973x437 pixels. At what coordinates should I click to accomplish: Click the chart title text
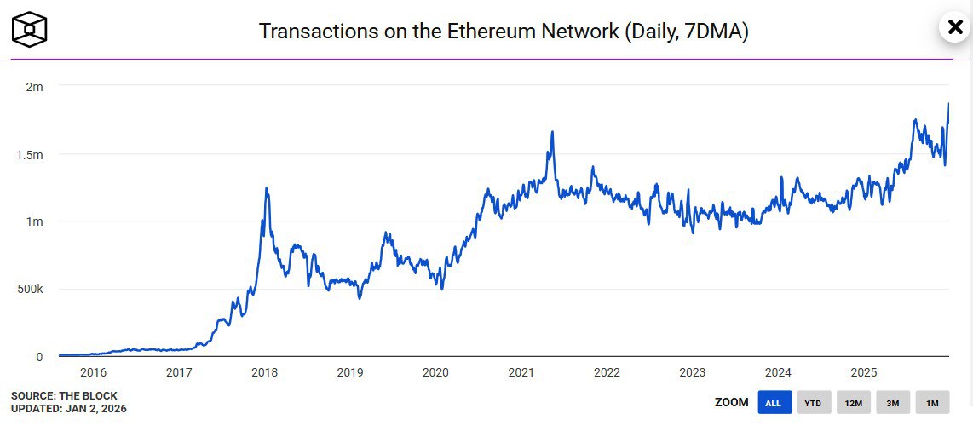tap(503, 32)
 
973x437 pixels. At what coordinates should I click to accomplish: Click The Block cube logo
tap(29, 30)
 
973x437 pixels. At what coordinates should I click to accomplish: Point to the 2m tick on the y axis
tap(34, 87)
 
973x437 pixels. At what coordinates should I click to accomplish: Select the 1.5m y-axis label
tap(29, 155)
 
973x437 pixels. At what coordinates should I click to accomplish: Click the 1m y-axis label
tap(34, 221)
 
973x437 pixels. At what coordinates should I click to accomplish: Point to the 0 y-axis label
tap(39, 357)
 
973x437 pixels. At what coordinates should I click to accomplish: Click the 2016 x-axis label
tap(93, 373)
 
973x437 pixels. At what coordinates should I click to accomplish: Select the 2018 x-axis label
tap(264, 373)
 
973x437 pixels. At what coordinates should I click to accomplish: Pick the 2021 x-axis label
tap(521, 373)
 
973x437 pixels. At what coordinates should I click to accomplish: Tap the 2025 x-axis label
tap(864, 373)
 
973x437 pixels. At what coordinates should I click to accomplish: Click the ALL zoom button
tap(774, 403)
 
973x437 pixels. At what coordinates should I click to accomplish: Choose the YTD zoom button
tap(814, 403)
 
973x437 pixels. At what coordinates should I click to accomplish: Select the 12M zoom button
tap(853, 403)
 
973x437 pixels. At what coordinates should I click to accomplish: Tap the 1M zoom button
tap(932, 403)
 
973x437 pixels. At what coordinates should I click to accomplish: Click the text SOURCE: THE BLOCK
tap(64, 396)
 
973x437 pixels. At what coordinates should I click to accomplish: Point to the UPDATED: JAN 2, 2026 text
tap(69, 409)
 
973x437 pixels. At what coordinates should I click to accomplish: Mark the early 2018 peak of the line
tap(267, 188)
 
